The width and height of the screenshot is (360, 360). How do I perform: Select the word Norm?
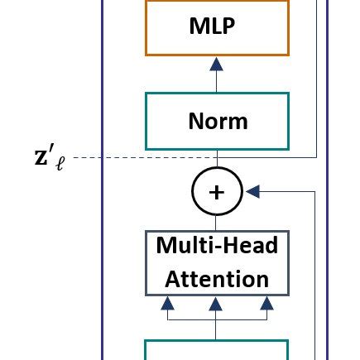click(217, 121)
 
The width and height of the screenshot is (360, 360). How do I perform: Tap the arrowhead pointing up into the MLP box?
click(216, 64)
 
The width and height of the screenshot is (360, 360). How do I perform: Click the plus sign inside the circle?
click(216, 192)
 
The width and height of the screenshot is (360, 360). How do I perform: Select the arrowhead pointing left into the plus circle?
click(254, 192)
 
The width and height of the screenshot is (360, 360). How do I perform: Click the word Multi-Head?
click(217, 246)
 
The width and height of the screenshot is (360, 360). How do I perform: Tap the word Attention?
click(217, 278)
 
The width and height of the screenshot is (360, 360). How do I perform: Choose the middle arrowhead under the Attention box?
click(216, 303)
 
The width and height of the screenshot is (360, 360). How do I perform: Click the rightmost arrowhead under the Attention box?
click(266, 303)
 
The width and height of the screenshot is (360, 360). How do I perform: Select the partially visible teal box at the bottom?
click(216, 349)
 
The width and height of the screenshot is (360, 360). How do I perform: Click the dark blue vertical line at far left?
click(102, 248)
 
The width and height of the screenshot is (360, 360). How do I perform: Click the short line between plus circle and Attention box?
click(216, 222)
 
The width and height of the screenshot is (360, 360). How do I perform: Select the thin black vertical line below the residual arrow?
click(315, 273)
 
